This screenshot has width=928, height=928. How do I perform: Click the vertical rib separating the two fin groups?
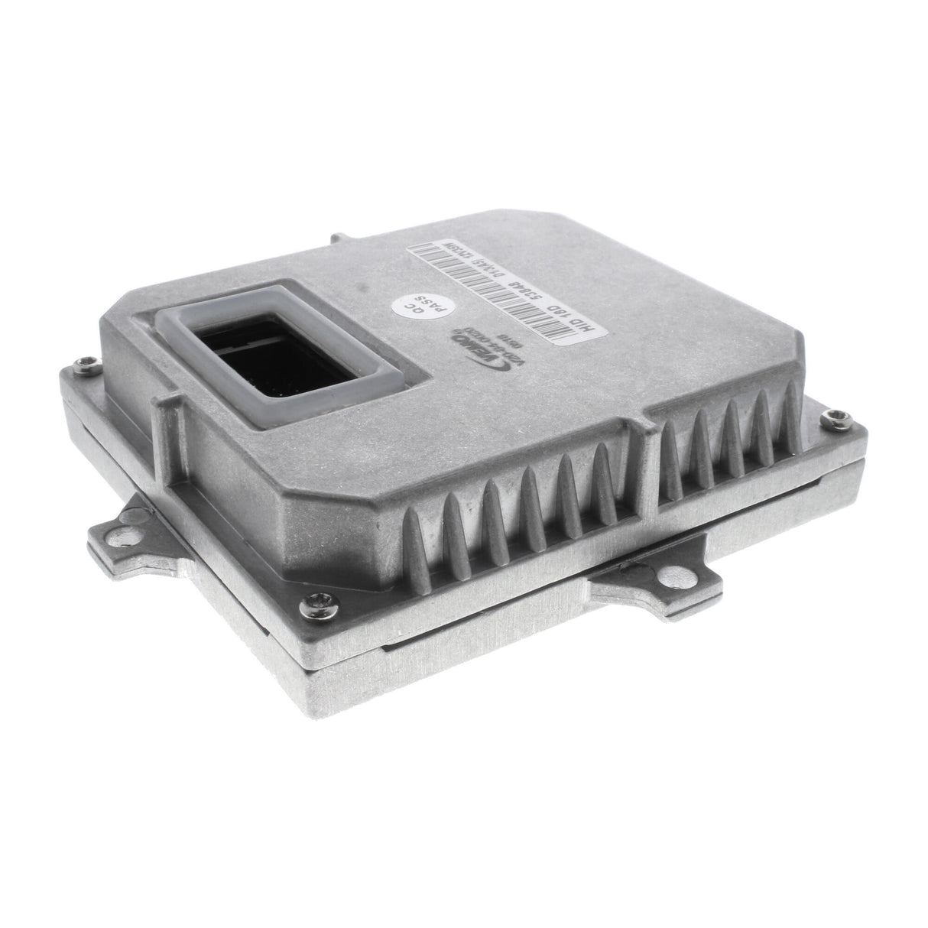point(642,459)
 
